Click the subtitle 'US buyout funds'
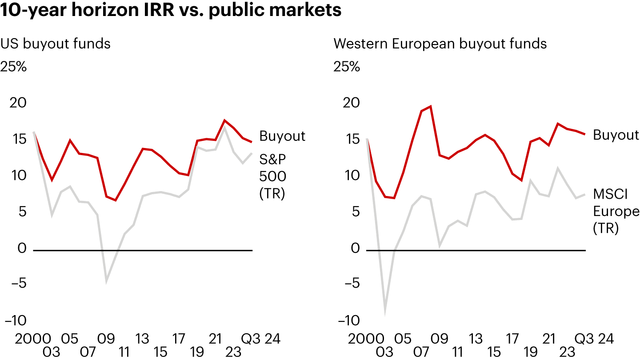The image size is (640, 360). click(56, 44)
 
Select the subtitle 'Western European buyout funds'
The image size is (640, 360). click(440, 44)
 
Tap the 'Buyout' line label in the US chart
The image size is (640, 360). click(282, 136)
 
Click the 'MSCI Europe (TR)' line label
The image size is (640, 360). click(616, 211)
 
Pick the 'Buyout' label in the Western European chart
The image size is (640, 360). click(616, 135)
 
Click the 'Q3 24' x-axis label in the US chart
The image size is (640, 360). click(261, 339)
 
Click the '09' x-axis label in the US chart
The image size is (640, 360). click(106, 339)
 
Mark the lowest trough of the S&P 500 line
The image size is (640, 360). click(106, 281)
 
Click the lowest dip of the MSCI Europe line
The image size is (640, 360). click(385, 314)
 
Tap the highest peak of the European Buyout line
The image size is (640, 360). click(431, 106)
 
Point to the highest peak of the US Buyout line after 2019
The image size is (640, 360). click(225, 120)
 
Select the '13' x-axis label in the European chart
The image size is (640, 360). click(476, 339)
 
